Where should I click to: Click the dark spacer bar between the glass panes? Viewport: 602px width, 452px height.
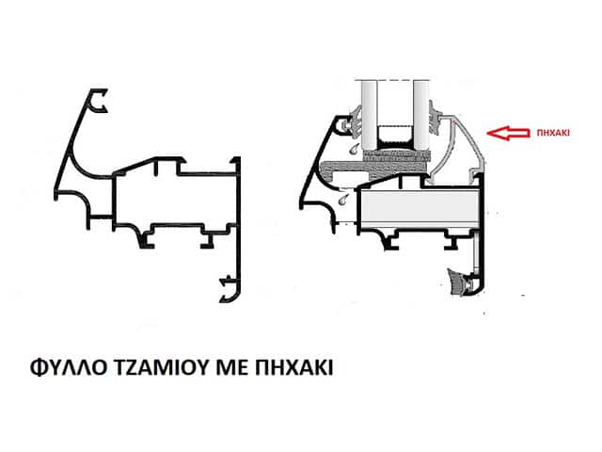tap(394, 140)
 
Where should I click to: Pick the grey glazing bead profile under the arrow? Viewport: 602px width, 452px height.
tap(461, 151)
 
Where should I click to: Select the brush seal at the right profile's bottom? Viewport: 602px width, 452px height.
tap(462, 282)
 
